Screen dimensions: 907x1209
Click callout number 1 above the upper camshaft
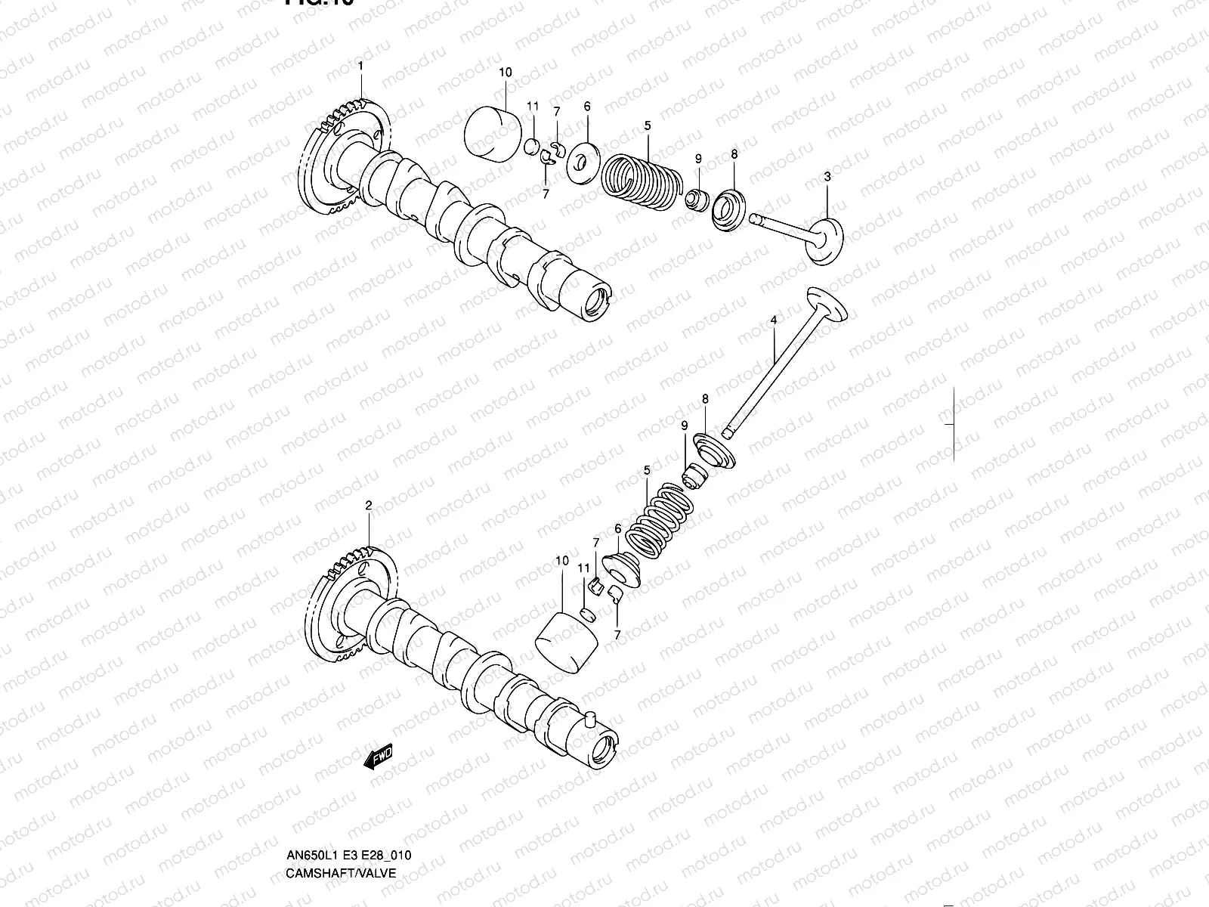click(360, 67)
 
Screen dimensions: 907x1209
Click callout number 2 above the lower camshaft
click(369, 506)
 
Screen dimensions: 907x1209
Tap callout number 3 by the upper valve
click(827, 176)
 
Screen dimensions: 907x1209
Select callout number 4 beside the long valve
click(774, 321)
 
